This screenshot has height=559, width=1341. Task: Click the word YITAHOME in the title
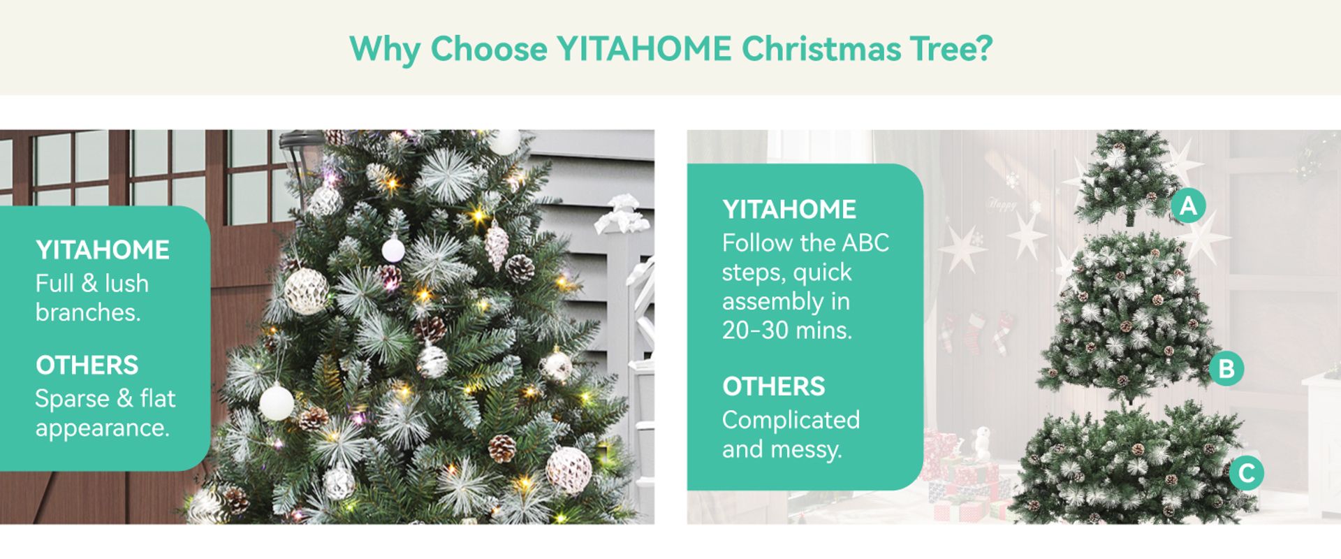click(x=644, y=49)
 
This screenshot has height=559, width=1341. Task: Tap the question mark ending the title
click(x=985, y=48)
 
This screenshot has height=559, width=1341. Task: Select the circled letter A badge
click(x=1188, y=205)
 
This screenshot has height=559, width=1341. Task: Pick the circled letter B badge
click(x=1226, y=368)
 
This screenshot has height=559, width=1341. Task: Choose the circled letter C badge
click(x=1247, y=473)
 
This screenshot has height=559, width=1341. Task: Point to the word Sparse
click(x=73, y=399)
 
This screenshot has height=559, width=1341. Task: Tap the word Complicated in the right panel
click(x=791, y=420)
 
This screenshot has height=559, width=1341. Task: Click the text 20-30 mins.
click(x=787, y=330)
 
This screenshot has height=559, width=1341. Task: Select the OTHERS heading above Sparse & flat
click(x=87, y=365)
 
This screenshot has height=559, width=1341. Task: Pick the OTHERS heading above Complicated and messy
click(x=774, y=386)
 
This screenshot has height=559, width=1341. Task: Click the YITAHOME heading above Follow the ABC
click(x=789, y=209)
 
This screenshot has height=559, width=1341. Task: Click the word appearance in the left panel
click(x=103, y=428)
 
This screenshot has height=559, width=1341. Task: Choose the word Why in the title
click(x=385, y=49)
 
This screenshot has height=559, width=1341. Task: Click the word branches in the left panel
click(x=88, y=312)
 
